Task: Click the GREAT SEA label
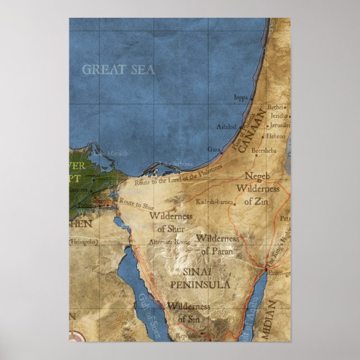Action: (x=118, y=70)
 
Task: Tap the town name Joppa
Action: (x=240, y=97)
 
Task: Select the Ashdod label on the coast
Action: (x=226, y=127)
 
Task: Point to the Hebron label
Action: (x=276, y=136)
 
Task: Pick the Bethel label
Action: (x=276, y=106)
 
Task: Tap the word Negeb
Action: (x=257, y=176)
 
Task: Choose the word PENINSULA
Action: (x=199, y=285)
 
